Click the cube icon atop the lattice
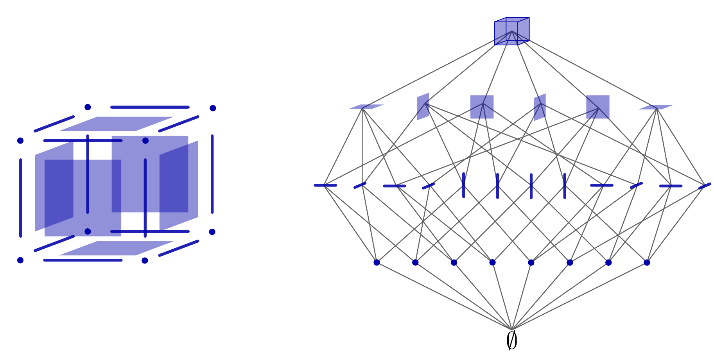pos(512,31)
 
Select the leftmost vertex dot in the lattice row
pos(377,262)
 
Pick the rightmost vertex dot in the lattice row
pos(647,262)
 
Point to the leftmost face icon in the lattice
pos(366,107)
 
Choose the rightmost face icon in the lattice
pos(656,107)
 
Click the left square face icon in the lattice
pos(482,107)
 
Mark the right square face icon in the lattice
pos(597,107)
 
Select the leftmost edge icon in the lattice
pos(325,185)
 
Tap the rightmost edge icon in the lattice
pos(705,186)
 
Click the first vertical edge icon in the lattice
pos(464,185)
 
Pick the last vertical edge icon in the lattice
pos(565,185)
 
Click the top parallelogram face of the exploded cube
pos(116,124)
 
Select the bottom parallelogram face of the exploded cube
pos(116,248)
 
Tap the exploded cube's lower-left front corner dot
pos(20,260)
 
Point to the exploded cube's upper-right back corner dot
pos(213,108)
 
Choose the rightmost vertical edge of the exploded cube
pos(212,174)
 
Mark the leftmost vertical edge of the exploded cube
pos(21,198)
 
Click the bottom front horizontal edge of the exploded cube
pos(83,260)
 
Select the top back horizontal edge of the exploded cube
pos(150,107)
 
